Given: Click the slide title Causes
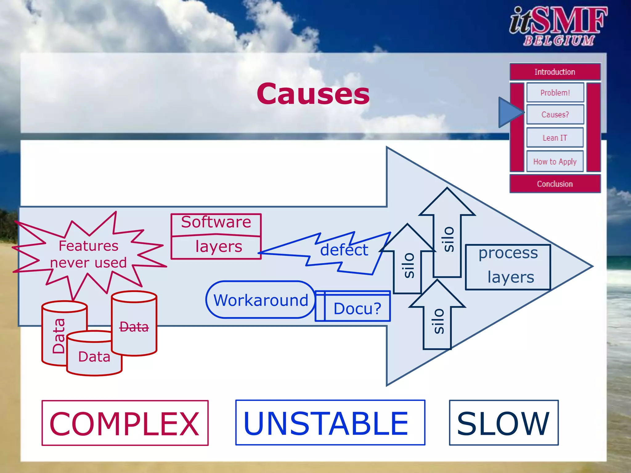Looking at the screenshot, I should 313,94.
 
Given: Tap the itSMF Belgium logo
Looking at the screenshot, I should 558,26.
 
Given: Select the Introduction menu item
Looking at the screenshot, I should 555,72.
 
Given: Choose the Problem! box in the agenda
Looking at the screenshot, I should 555,92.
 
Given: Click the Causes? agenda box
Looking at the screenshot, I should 555,115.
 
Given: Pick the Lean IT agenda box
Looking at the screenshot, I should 555,138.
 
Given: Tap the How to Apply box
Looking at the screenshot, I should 555,161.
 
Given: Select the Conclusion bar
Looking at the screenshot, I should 555,184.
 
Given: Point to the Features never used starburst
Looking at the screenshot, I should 88,254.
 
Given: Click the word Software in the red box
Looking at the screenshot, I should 216,222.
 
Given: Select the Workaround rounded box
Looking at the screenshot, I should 261,300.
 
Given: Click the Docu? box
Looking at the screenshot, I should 357,308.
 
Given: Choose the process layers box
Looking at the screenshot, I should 508,267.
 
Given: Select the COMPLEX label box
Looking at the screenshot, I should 125,423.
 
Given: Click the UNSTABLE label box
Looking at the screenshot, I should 330,423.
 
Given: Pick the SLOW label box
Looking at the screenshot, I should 503,423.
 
